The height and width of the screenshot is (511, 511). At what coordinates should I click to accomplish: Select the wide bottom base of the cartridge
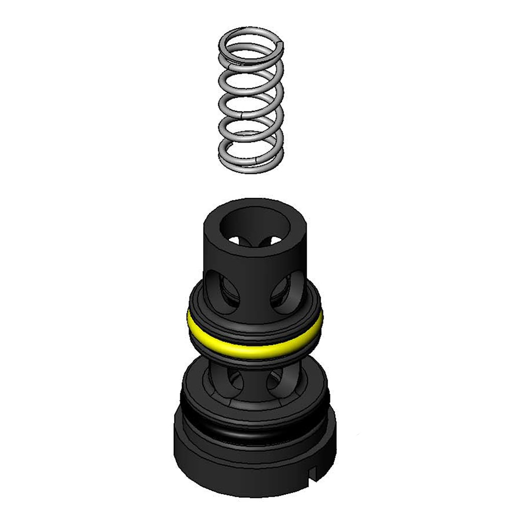click(255, 460)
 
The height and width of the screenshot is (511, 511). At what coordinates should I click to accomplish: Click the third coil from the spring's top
click(250, 102)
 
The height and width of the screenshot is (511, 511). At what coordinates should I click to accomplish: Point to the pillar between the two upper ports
click(254, 289)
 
